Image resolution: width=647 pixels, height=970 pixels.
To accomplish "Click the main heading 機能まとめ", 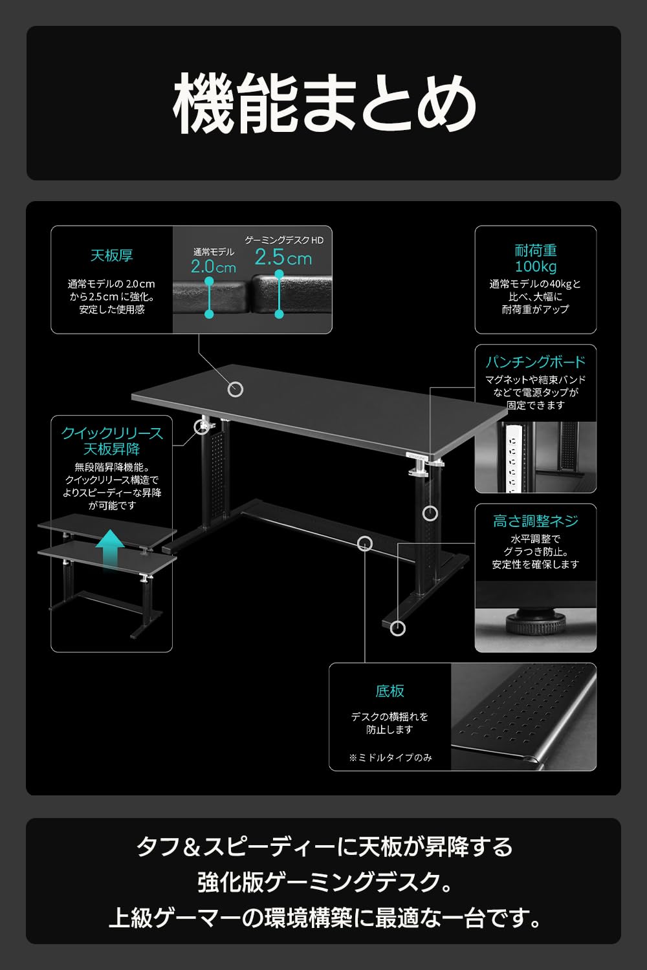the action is pos(324,103).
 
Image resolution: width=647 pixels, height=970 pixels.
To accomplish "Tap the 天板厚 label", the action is pos(112,255).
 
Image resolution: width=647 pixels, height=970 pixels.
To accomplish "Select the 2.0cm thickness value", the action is pos(214,266).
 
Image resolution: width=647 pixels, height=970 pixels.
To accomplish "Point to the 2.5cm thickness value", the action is pos(283,257).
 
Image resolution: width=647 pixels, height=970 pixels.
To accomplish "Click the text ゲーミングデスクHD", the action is pos(284,240).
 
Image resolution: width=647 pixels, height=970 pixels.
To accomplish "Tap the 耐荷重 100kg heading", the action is pos(536,259).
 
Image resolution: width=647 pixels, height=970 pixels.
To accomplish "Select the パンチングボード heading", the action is pos(536,361).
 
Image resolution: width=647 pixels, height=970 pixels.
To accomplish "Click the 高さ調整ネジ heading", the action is pos(536,521).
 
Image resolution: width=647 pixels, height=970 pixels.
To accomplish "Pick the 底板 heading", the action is pos(390,691).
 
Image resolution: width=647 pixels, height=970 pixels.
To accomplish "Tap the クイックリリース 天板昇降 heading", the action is pos(112,441).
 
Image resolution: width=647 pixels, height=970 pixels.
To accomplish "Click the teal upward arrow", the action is pos(110,548).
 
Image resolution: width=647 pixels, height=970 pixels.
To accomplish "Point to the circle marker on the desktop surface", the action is pos(236,389).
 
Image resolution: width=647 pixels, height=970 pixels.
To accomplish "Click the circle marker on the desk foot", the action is pos(398,628).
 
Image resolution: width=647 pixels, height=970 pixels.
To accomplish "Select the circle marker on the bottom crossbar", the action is pos(365,543).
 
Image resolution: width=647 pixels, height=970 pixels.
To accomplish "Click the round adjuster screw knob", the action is pos(536,621).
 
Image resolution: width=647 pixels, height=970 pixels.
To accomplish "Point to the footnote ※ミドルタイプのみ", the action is pos(390,757).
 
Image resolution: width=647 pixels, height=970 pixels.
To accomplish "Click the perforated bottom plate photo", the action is pos(523,717).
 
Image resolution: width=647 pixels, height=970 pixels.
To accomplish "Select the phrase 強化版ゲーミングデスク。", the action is pos(325,881).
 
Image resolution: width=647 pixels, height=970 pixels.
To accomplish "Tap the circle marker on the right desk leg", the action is pos(430,513).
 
